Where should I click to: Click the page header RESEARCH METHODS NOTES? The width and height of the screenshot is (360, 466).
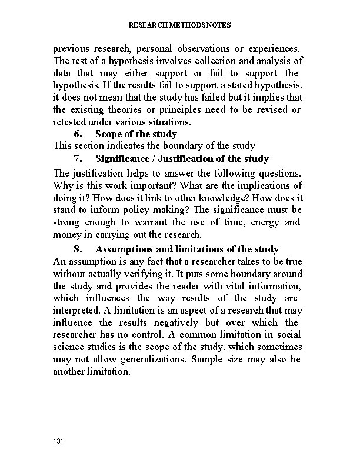click(179, 25)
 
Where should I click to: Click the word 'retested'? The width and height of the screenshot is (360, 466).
click(72, 122)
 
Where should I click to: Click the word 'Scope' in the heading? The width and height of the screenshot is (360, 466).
click(109, 134)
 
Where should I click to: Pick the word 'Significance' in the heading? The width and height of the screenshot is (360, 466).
click(124, 158)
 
